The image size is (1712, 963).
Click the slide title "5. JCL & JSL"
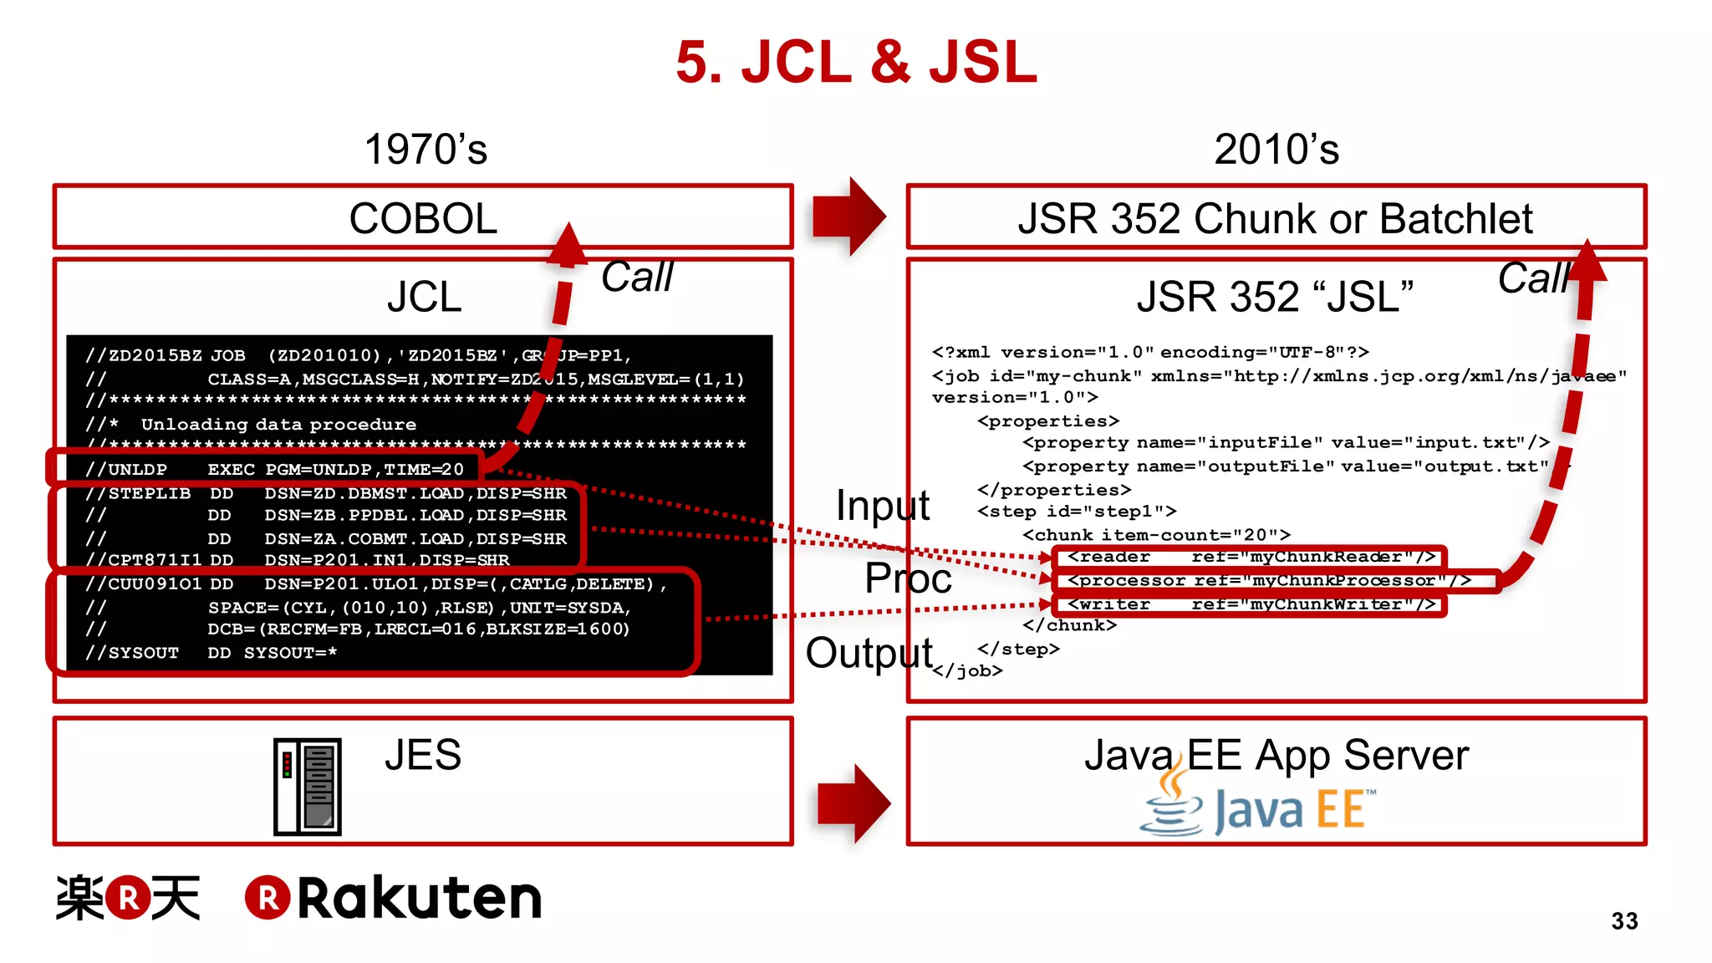point(856,63)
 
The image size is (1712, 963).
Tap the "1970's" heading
point(425,150)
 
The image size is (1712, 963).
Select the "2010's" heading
point(1276,150)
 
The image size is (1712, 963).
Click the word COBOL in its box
point(423,219)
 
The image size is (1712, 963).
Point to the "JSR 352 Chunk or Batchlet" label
point(1275,219)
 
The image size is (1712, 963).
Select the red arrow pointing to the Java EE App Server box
point(853,802)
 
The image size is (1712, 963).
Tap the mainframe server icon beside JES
point(308,787)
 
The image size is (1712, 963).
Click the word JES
point(423,755)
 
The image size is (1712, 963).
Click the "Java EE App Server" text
point(1276,755)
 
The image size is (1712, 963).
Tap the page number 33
point(1624,920)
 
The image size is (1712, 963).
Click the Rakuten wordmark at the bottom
point(394,899)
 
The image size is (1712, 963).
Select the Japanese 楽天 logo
point(128,899)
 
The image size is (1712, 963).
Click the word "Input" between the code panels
point(883,505)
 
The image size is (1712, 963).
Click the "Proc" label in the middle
point(908,578)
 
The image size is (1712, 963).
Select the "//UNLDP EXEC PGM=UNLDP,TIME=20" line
point(274,469)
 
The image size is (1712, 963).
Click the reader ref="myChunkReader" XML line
point(1251,557)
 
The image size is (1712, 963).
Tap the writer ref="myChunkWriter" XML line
point(1251,604)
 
